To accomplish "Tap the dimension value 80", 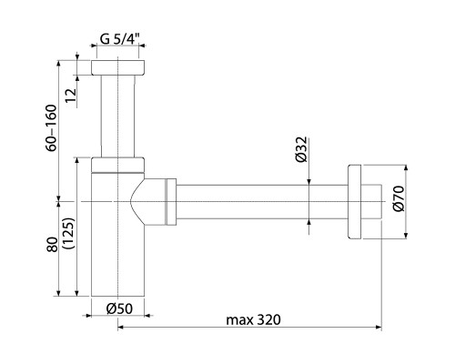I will click(x=52, y=245).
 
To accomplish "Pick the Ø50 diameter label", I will click(x=118, y=308).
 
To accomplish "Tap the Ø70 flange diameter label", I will click(x=398, y=203).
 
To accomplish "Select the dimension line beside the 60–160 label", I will click(x=62, y=132).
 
